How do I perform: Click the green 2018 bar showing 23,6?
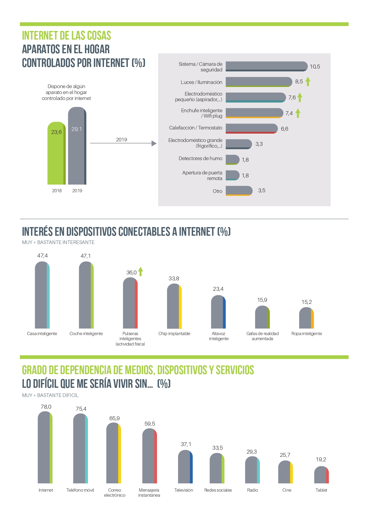(x=56, y=153)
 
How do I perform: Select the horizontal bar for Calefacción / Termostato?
(x=251, y=128)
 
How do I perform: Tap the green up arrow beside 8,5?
(x=308, y=81)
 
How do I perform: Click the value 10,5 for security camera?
(x=315, y=67)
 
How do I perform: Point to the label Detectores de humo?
(x=200, y=158)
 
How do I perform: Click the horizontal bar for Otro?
(x=239, y=191)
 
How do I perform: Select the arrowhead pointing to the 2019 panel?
(x=154, y=143)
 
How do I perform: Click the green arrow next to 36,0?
(x=141, y=271)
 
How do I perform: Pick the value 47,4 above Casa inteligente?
(x=42, y=256)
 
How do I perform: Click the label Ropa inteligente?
(x=307, y=334)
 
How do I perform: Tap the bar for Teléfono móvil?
(x=80, y=448)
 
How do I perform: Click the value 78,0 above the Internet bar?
(x=46, y=407)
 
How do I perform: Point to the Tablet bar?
(x=321, y=475)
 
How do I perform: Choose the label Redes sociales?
(x=218, y=490)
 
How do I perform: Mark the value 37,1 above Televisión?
(x=186, y=444)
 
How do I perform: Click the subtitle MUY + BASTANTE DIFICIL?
(x=50, y=395)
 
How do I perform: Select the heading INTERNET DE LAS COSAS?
(x=66, y=36)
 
